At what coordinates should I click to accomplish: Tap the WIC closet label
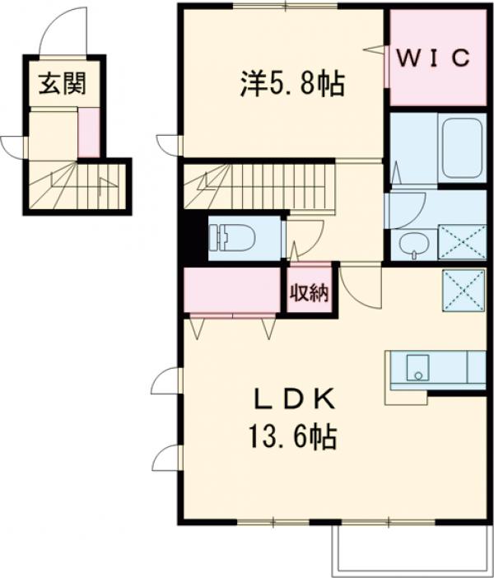pyautogui.click(x=436, y=58)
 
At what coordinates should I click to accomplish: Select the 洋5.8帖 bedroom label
pyautogui.click(x=292, y=82)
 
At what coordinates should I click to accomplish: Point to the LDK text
pyautogui.click(x=292, y=401)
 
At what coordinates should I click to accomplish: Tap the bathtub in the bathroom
pyautogui.click(x=464, y=148)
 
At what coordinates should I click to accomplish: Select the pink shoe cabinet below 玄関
pyautogui.click(x=88, y=132)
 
